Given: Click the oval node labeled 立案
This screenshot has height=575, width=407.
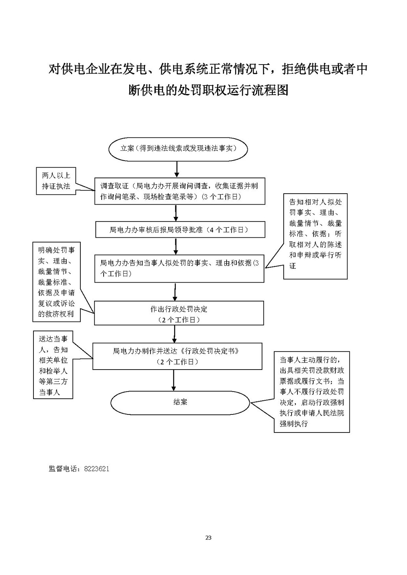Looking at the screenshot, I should (178, 149).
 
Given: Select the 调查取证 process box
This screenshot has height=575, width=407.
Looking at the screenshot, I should (179, 191).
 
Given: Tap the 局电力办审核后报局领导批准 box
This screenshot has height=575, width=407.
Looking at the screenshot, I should (180, 230).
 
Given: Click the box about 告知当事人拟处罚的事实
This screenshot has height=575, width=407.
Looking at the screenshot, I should (179, 268).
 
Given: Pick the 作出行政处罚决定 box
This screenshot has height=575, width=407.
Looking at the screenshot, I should (179, 314).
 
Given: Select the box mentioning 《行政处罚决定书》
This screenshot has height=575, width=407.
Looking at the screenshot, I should (177, 356).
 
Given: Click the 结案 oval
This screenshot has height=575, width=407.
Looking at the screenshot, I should (180, 402).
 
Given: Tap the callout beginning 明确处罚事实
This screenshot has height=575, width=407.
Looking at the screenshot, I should (56, 282).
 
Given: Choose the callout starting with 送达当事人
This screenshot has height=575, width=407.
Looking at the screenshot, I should (53, 365).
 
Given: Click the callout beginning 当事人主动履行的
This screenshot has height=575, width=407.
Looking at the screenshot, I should (312, 392).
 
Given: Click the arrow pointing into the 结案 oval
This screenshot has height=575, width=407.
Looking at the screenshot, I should (174, 380).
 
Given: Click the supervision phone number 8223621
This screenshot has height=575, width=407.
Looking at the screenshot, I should (97, 469).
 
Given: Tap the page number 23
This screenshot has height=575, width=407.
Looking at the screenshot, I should (208, 538).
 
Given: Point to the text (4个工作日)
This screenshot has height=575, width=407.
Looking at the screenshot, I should (229, 230).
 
